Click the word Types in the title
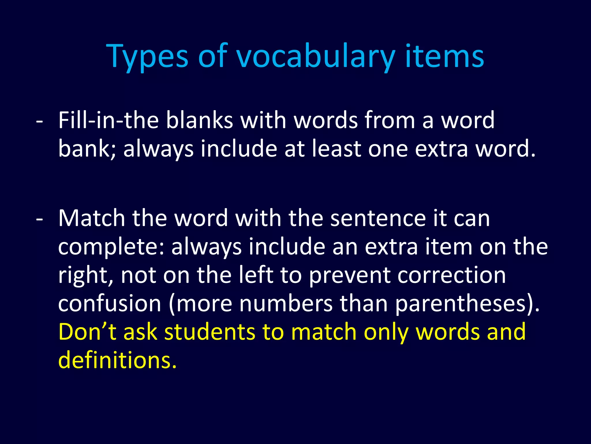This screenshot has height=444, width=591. point(147,56)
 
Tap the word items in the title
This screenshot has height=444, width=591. point(444,56)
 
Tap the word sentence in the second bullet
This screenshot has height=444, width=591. point(378,218)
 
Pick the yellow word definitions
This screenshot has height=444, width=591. point(117,360)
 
